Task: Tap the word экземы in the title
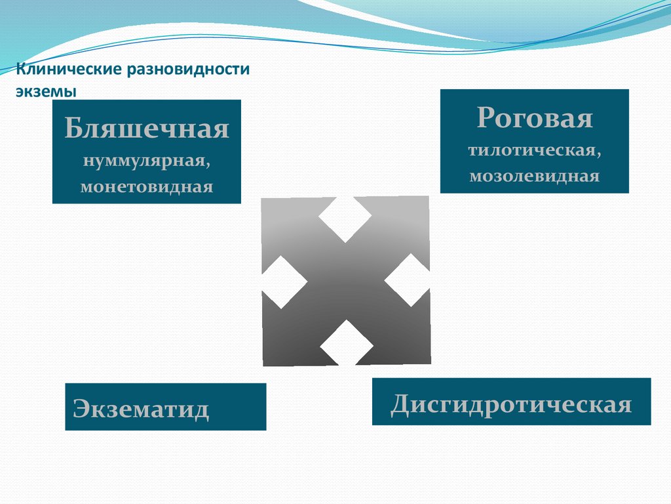tap(47, 91)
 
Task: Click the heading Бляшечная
tap(147, 129)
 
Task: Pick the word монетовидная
tap(147, 186)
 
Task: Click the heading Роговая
tap(534, 118)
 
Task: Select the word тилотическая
tap(534, 150)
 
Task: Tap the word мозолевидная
tap(534, 176)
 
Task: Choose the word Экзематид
tap(142, 408)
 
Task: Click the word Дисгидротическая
tap(511, 403)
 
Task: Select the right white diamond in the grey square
tap(408, 280)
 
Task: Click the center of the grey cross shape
tap(345, 281)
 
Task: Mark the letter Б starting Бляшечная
tap(72, 129)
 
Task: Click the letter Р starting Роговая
tap(484, 118)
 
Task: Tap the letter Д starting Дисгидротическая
tap(401, 404)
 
